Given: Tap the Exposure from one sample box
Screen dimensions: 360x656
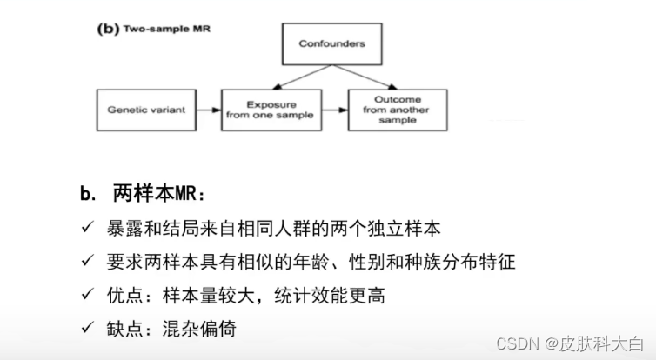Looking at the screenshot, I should [x=271, y=110].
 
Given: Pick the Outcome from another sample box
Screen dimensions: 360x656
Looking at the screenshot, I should [x=398, y=110].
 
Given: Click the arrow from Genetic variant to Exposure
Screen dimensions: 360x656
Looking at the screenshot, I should [x=207, y=110].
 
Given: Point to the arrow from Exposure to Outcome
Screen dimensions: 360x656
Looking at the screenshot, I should [x=333, y=110].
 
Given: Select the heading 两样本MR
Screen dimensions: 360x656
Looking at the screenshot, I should [x=161, y=194].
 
